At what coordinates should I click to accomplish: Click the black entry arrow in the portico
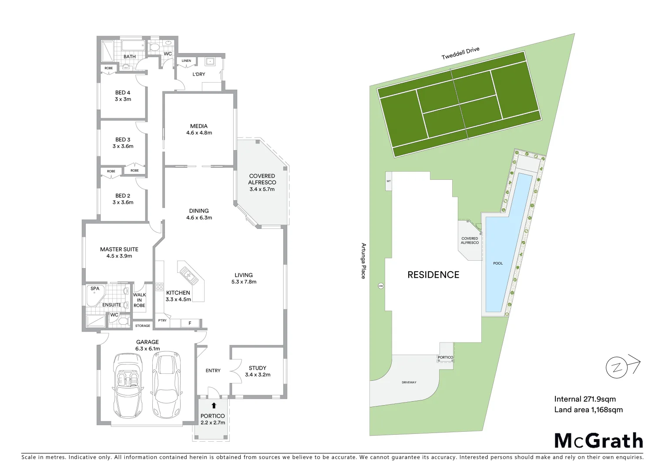(214, 406)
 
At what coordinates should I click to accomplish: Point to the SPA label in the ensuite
(95, 289)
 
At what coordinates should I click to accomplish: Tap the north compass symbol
(618, 367)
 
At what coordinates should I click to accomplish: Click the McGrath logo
(598, 440)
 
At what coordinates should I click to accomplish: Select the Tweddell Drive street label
(460, 53)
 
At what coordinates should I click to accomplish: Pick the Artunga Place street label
(363, 261)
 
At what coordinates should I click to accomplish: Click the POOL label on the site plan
(498, 263)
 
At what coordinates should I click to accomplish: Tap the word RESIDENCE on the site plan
(433, 275)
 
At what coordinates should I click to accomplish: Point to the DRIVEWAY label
(409, 383)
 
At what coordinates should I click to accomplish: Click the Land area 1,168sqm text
(588, 410)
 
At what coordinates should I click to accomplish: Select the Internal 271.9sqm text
(584, 399)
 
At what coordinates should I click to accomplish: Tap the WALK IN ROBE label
(139, 300)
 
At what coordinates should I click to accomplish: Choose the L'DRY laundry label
(199, 74)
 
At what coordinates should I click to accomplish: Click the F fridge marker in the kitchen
(190, 323)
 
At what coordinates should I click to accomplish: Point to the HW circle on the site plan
(381, 286)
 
